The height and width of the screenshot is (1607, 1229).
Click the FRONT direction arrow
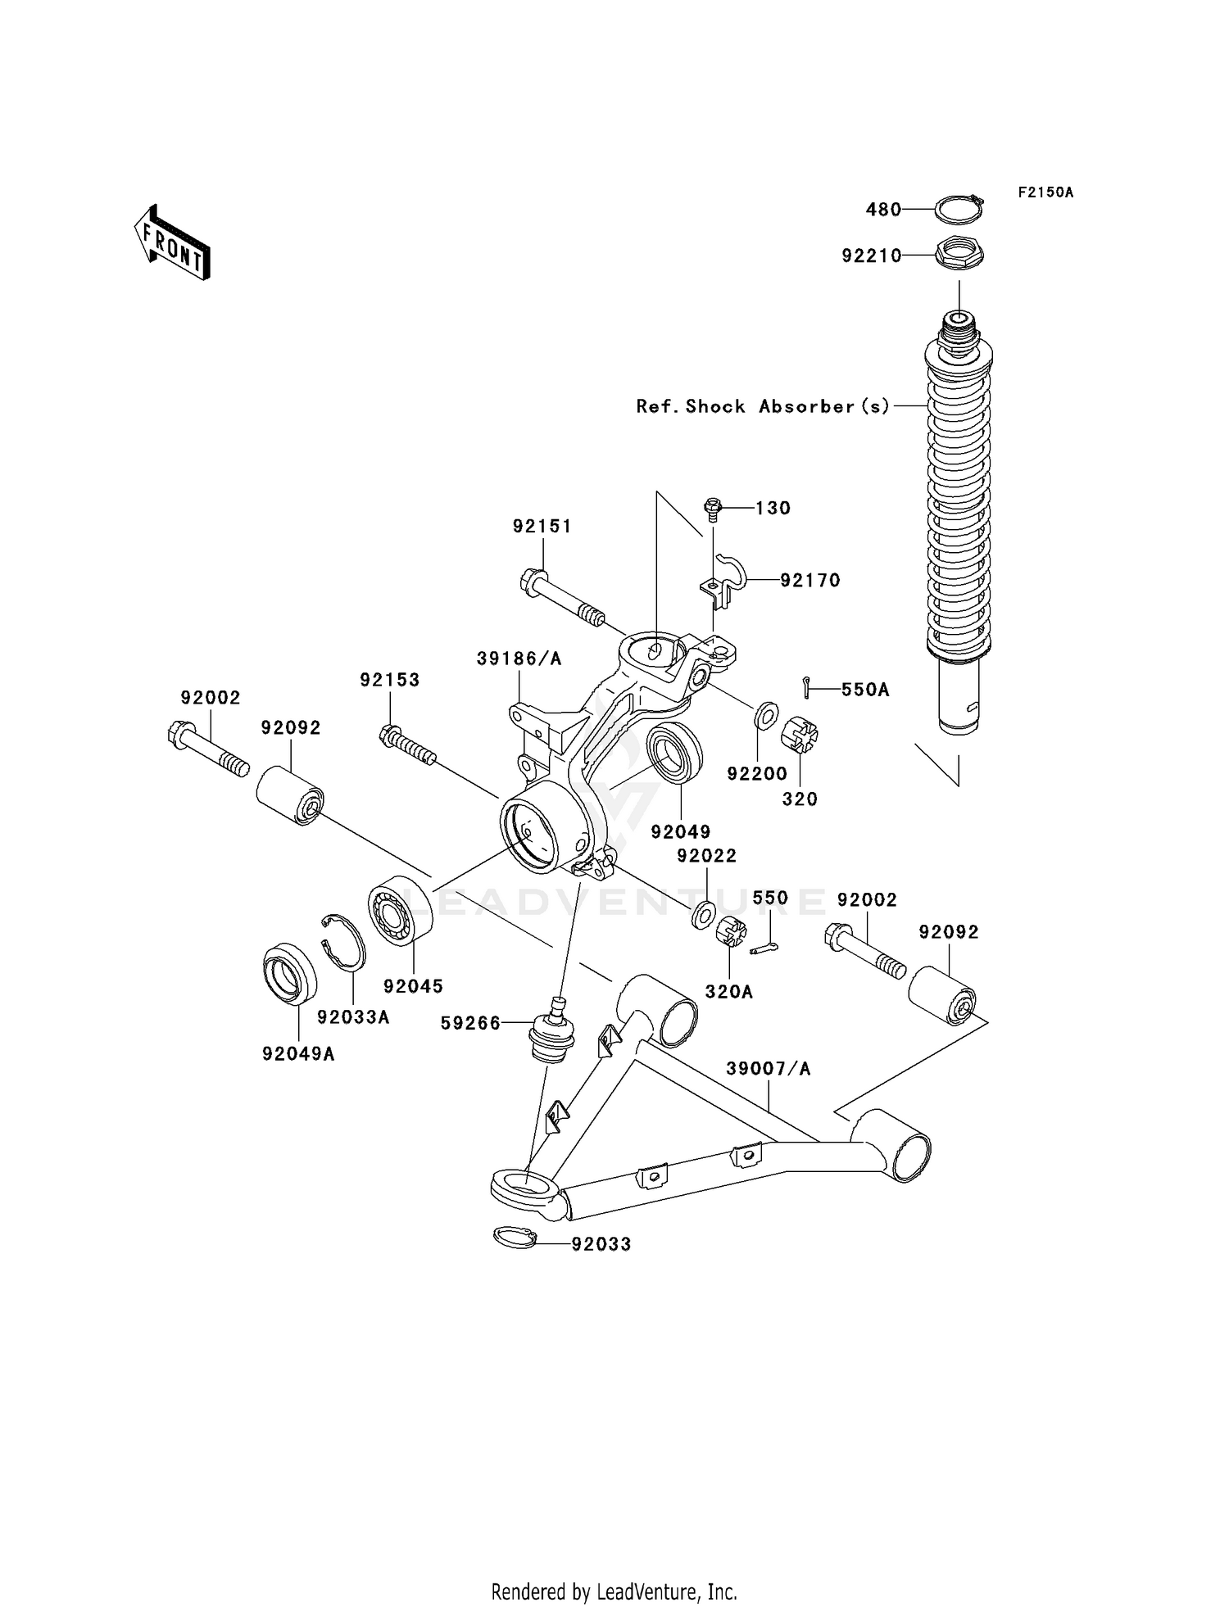(x=173, y=243)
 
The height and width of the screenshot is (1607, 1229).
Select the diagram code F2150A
(x=1045, y=192)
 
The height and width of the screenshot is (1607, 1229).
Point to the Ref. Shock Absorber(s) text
(x=763, y=406)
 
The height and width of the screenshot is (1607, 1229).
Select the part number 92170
(x=810, y=581)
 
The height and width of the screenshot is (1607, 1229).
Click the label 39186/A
(x=519, y=659)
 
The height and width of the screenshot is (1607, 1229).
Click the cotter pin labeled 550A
(x=807, y=688)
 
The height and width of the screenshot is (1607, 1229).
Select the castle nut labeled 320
(x=799, y=735)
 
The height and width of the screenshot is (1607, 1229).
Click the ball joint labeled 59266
(x=553, y=1034)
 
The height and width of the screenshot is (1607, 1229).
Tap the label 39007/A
(x=768, y=1069)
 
